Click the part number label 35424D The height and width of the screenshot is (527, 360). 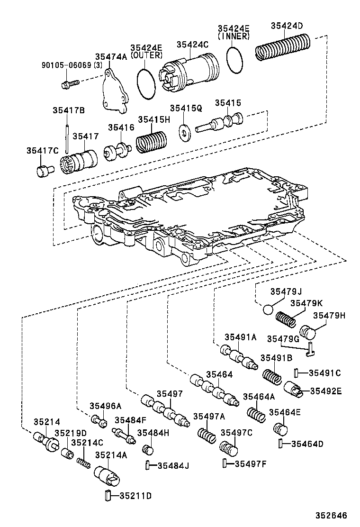pos(287,26)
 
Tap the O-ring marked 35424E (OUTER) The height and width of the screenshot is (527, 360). pos(147,83)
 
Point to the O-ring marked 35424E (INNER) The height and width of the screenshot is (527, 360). pos(235,60)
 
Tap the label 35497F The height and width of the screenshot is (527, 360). pos(251,463)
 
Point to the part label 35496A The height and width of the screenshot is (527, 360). pos(106,406)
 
